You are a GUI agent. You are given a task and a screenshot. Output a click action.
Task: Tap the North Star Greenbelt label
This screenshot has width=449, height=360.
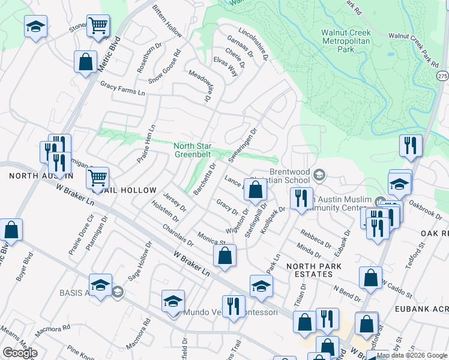193,149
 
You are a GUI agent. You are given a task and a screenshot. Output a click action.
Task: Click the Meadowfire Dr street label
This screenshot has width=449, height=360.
201,86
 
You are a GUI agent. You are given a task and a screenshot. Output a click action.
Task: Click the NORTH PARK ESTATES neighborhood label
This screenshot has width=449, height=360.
313,270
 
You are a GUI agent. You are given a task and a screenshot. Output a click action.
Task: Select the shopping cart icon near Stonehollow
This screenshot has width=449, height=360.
97,26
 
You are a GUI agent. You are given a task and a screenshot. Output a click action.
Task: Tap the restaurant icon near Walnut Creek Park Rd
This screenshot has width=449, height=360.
411,146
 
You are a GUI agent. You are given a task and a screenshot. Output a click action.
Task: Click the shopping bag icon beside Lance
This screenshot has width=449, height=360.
256,191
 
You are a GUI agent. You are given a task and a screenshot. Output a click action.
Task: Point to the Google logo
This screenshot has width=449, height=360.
20,353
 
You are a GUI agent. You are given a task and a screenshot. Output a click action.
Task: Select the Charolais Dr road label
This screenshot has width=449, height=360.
178,236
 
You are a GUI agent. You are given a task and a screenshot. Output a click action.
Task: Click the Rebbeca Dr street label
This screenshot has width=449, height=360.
316,238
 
